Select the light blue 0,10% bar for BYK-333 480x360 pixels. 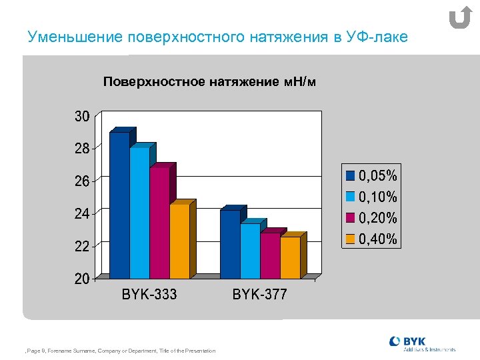(139, 213)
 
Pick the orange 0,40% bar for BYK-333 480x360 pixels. (179, 241)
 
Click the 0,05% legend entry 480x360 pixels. (372, 176)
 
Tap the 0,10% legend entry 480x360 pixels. (372, 197)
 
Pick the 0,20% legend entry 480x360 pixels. (372, 218)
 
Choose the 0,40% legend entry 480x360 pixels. (372, 239)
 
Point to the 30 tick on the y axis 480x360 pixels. (81, 117)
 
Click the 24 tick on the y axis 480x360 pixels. (81, 214)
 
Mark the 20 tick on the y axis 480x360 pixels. (81, 279)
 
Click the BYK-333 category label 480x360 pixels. (149, 294)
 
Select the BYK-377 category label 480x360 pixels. (259, 294)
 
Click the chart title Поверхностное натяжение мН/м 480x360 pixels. (209, 82)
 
